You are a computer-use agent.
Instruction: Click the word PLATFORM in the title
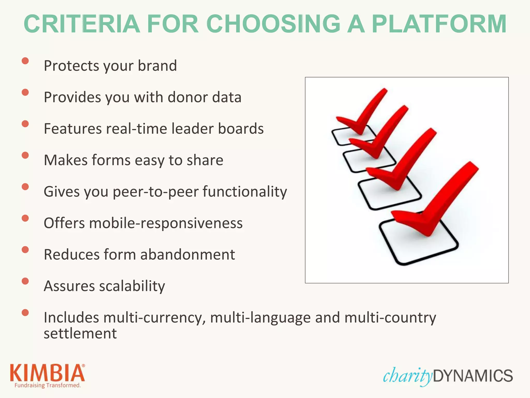(439, 24)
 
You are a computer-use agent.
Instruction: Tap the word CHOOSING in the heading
(273, 24)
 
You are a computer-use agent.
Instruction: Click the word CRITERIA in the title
(82, 24)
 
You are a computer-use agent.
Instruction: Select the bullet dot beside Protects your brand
(25, 61)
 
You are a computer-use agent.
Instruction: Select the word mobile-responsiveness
(166, 223)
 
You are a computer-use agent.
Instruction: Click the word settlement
(80, 333)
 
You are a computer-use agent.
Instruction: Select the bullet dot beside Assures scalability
(25, 281)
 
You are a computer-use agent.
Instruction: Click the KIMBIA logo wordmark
(47, 373)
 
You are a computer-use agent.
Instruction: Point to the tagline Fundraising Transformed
(47, 385)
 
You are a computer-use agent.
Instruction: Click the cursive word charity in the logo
(407, 376)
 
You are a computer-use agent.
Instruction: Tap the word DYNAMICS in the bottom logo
(473, 376)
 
